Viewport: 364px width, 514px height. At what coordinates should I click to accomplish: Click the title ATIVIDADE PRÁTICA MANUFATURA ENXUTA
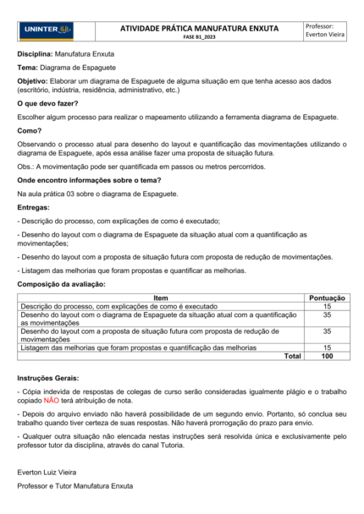199,28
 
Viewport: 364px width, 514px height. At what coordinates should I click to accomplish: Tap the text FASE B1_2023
199,39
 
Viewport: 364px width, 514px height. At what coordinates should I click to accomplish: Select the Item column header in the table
161,298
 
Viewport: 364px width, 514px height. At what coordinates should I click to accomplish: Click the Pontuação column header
327,298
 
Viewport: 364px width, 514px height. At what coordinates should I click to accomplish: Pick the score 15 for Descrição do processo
327,306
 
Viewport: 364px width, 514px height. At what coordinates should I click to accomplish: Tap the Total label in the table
292,356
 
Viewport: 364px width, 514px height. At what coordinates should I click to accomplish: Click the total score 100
327,356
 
